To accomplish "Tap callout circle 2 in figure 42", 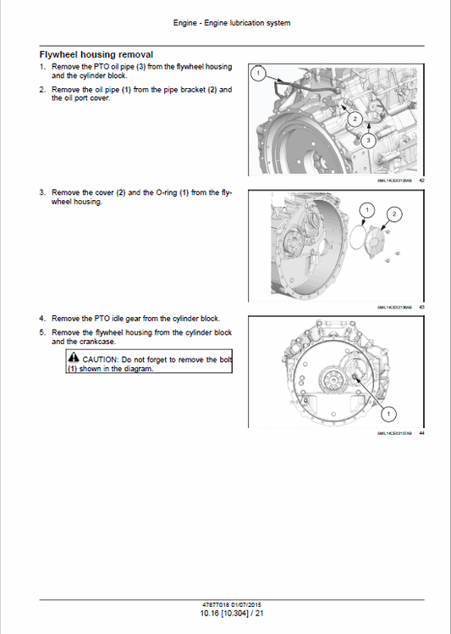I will click(356, 119).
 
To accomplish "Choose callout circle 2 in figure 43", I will click(392, 215).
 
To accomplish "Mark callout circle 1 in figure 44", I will click(388, 414).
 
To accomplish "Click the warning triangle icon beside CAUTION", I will click(74, 359).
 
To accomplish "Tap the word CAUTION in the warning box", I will click(101, 359).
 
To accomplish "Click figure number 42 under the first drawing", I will click(421, 180).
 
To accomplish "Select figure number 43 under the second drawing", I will click(421, 307).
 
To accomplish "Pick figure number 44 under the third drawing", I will click(421, 434).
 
